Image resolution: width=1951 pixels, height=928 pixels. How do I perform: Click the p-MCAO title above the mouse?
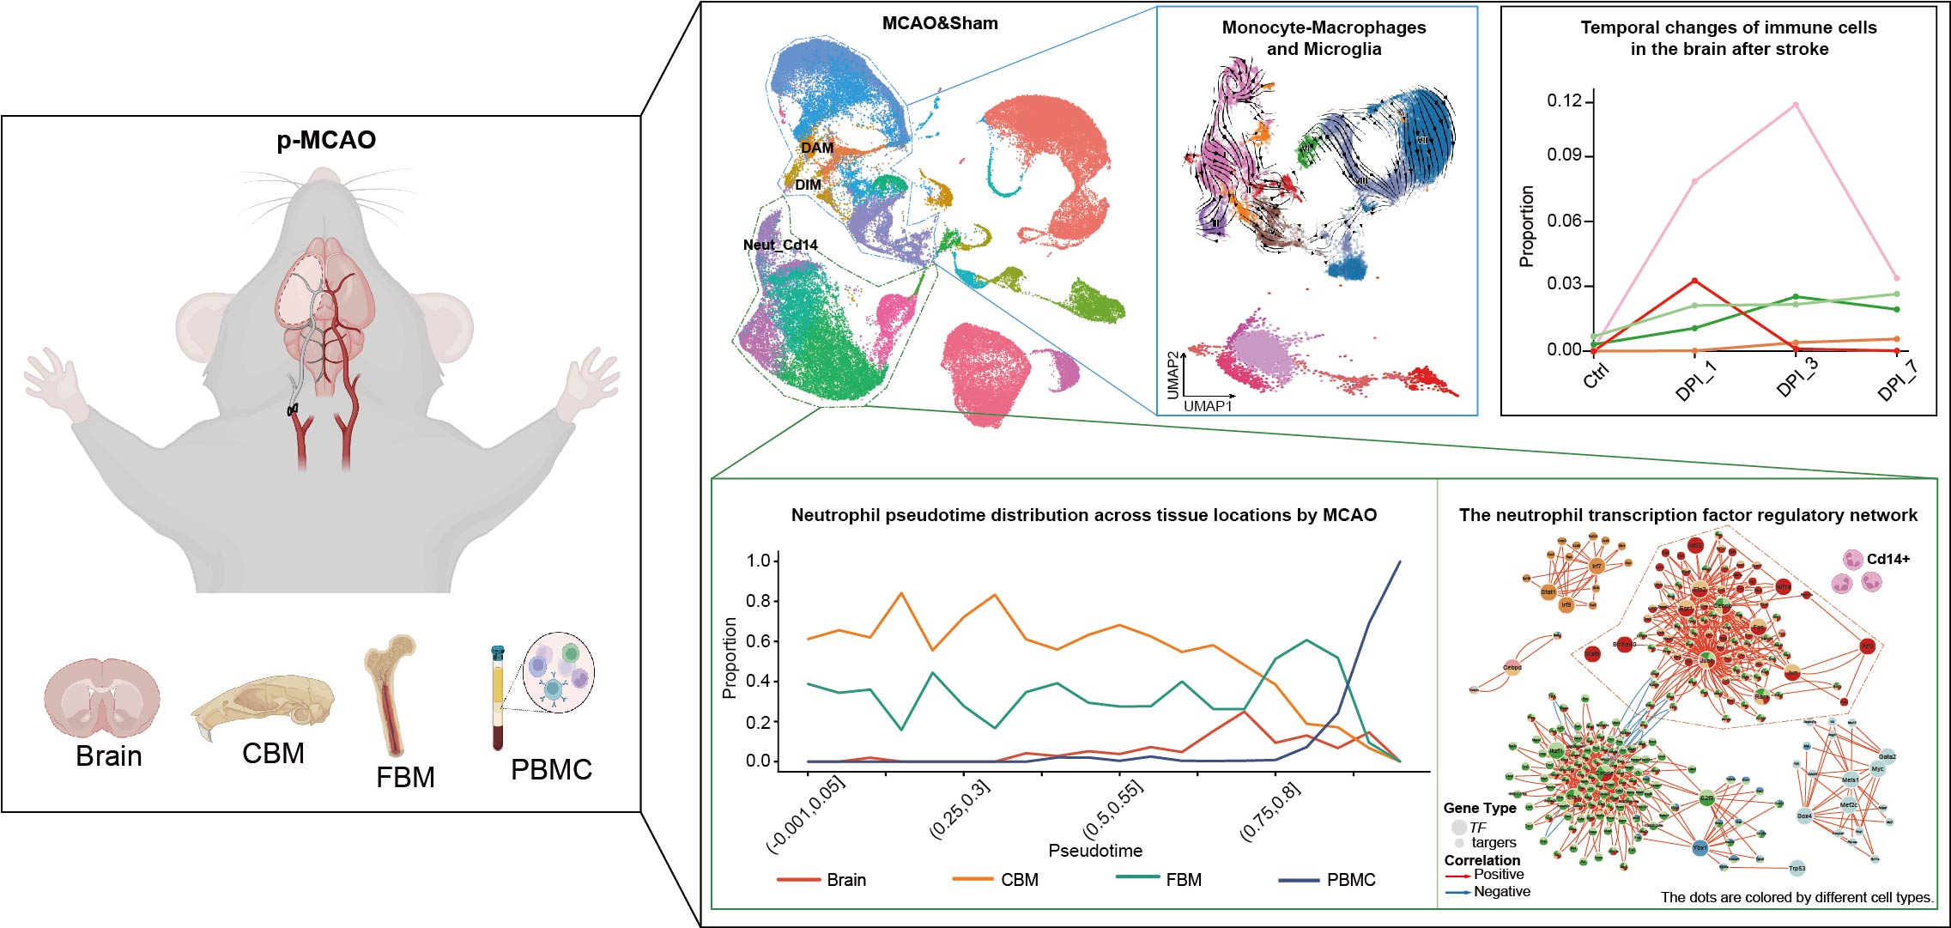[x=326, y=140]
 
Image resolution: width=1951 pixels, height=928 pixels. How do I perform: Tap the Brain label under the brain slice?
[x=109, y=756]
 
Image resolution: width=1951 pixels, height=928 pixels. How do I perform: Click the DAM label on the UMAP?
[x=816, y=148]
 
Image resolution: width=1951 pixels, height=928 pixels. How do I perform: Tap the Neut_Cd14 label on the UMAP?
[x=780, y=245]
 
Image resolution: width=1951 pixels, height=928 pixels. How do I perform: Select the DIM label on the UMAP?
[x=808, y=185]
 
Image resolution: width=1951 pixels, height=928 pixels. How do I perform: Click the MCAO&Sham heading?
[x=940, y=24]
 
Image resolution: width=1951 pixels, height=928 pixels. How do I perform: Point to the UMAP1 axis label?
[x=1207, y=405]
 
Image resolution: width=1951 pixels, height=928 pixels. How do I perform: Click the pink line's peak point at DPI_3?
[x=1795, y=105]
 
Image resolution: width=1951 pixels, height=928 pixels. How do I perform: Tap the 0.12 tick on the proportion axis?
[x=1564, y=101]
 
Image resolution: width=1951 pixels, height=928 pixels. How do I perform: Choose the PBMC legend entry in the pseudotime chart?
[x=1350, y=880]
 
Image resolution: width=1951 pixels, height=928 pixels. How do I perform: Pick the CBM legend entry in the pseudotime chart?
[x=1019, y=880]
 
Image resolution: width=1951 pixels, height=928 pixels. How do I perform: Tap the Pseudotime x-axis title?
[x=1095, y=851]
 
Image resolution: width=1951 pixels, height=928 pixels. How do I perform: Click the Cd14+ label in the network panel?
[x=1888, y=560]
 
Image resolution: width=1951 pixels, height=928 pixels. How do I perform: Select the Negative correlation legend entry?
[x=1501, y=892]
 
